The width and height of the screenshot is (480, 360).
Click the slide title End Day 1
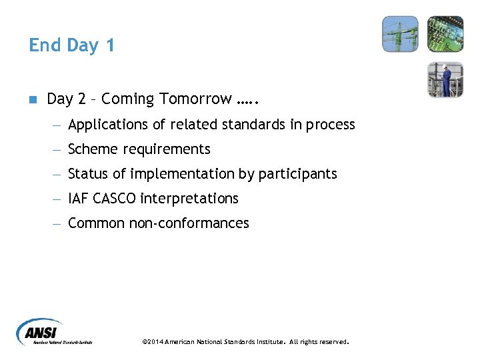[x=72, y=45]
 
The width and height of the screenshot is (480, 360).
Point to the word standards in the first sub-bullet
[x=260, y=125]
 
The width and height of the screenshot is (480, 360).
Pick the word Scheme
[x=92, y=149]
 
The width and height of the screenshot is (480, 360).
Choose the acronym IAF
[x=79, y=199]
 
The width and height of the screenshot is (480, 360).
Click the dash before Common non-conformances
[x=59, y=224]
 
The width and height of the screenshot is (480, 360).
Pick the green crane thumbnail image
[x=400, y=34]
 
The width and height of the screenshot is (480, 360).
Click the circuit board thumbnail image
[x=445, y=34]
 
